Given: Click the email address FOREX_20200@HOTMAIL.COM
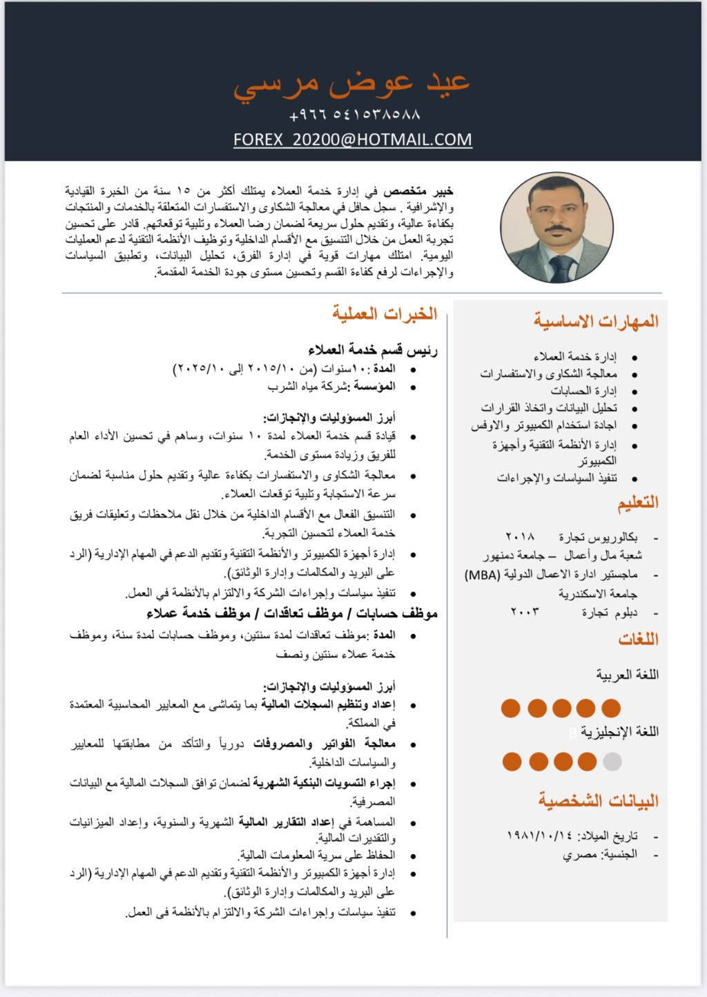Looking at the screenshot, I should click(353, 139).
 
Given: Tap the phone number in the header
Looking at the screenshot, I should click(355, 114).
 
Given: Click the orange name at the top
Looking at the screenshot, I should click(351, 84).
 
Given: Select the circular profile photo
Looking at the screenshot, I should click(556, 228).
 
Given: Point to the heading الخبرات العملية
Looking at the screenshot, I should click(385, 314).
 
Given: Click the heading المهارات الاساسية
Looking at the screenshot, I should click(596, 322).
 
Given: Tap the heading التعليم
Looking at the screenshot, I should click(638, 503).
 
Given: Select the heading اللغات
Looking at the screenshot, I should click(638, 639).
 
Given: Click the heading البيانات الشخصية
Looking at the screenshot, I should click(599, 801).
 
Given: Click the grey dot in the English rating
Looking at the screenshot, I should click(612, 762).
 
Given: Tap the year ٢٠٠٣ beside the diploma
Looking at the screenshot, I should click(525, 612).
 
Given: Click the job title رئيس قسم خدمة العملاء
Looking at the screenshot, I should click(373, 350).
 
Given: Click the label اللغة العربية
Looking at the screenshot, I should click(627, 675).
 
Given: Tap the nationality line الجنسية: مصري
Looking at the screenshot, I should click(599, 855).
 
